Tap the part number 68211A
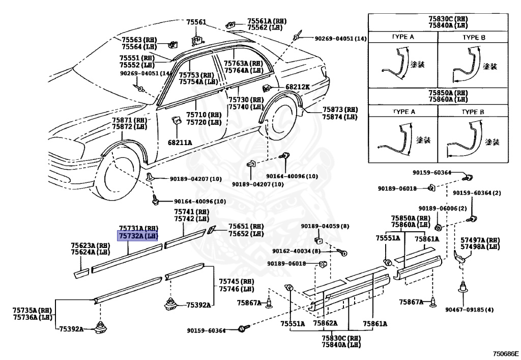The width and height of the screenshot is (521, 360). click(180, 143)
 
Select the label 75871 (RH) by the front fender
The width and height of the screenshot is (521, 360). click(129, 120)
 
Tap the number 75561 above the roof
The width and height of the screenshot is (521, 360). click(196, 22)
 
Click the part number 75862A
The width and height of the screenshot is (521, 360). click(326, 323)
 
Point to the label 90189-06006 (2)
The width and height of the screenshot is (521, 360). click(443, 208)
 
